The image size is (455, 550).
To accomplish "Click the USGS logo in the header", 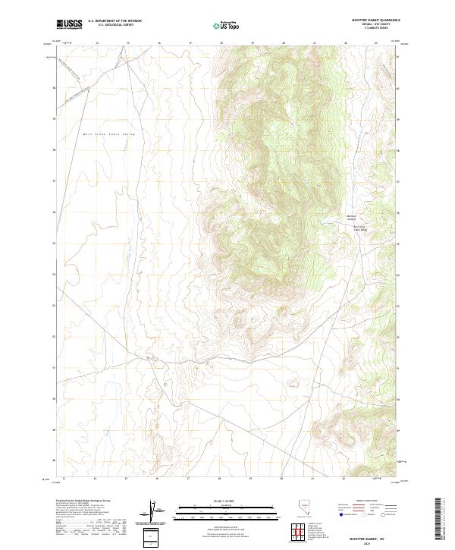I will (69, 25).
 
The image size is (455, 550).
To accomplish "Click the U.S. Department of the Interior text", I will (115, 21).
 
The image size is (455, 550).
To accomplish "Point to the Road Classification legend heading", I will (366, 501).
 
